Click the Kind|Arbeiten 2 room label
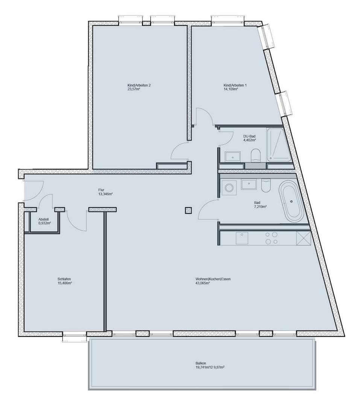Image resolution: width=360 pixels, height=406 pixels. pyautogui.click(x=139, y=85)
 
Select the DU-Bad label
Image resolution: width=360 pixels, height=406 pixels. pyautogui.click(x=249, y=136)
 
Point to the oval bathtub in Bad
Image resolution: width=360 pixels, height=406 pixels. pyautogui.click(x=291, y=201)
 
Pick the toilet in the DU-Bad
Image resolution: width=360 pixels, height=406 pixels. pyautogui.click(x=255, y=155)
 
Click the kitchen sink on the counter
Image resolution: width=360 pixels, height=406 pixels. pyautogui.click(x=242, y=238)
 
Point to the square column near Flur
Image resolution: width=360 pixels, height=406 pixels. pyautogui.click(x=188, y=210)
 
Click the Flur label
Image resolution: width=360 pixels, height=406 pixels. pyautogui.click(x=102, y=190)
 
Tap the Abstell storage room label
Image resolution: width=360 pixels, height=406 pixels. pyautogui.click(x=44, y=219)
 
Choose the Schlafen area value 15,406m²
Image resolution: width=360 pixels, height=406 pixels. pyautogui.click(x=65, y=283)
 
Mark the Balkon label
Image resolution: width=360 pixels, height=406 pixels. pyautogui.click(x=200, y=363)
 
